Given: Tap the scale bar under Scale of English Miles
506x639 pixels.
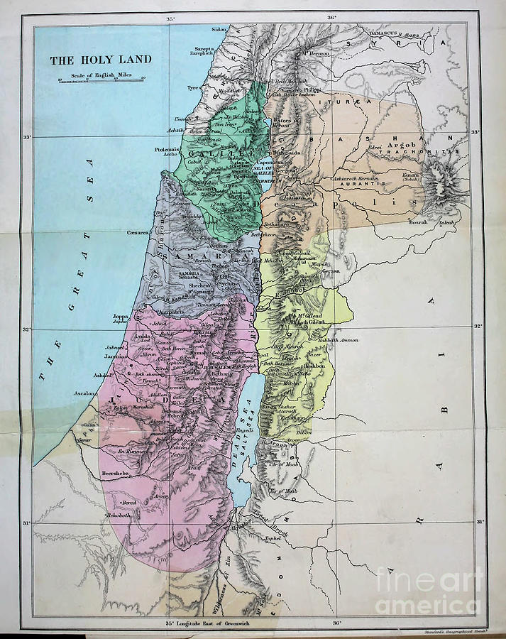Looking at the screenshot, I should click(x=101, y=81).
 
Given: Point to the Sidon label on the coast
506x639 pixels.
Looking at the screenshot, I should click(x=219, y=30).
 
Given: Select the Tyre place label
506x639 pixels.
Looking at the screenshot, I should click(x=192, y=88).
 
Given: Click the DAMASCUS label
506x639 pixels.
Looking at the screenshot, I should click(x=382, y=34).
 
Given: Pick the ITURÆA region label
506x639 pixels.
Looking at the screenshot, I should click(x=358, y=102).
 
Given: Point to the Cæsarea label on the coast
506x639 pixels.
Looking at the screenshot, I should click(x=138, y=231).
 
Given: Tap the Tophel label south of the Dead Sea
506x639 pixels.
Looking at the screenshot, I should click(x=272, y=538).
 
